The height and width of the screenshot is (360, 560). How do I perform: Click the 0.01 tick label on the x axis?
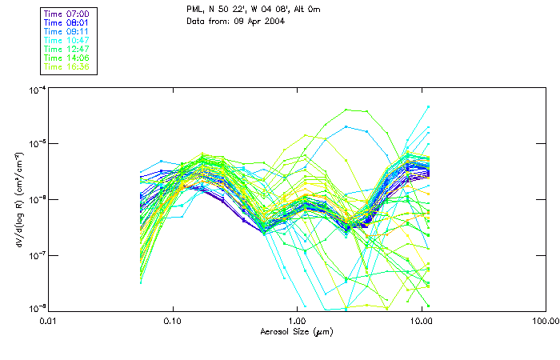point(49,321)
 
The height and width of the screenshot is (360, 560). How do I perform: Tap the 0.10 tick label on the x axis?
point(172,321)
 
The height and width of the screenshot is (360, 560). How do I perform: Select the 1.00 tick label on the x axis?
point(297,321)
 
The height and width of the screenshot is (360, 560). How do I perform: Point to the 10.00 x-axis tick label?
point(421,321)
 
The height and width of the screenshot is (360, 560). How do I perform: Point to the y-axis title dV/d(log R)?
point(18,200)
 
